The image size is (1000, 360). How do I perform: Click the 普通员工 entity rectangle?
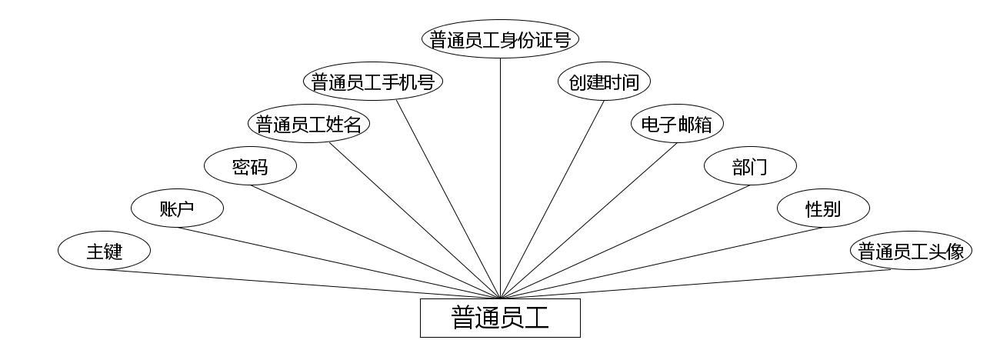click(500, 318)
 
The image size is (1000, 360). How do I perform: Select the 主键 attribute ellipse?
click(104, 251)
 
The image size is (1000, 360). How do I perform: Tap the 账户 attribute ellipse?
click(177, 208)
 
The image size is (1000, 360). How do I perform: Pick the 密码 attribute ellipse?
click(250, 166)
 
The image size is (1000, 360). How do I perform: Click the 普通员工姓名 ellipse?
click(308, 124)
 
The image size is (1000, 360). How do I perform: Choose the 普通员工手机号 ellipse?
click(373, 82)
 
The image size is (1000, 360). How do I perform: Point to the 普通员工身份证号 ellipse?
click(500, 39)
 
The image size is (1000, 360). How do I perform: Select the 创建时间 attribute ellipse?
click(604, 82)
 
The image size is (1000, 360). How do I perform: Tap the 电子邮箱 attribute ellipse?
click(677, 124)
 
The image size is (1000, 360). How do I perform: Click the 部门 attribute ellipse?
click(750, 166)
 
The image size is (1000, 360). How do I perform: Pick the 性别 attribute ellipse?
click(823, 208)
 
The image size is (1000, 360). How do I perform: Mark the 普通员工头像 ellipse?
click(911, 251)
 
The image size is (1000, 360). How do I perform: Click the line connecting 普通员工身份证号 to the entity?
click(500, 177)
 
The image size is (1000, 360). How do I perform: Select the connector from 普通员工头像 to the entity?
click(704, 284)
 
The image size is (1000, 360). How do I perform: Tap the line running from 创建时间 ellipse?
click(552, 199)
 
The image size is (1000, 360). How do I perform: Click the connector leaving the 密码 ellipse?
click(375, 242)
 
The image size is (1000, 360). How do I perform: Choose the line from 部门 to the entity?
click(625, 242)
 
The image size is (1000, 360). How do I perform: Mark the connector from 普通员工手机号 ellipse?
click(448, 199)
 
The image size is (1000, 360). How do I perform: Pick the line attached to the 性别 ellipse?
click(662, 262)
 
